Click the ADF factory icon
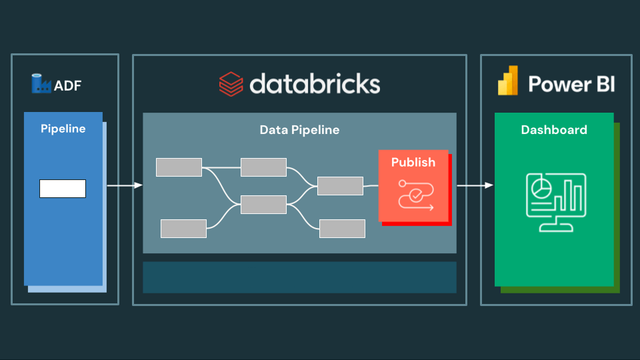point(41,84)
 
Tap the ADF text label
point(67,85)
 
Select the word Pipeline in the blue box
point(63,129)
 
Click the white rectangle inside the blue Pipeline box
point(63,189)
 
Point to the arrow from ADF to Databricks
point(125,185)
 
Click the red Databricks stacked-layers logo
point(231,85)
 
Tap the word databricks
point(315,84)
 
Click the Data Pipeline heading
point(299,130)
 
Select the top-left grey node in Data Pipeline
point(179,167)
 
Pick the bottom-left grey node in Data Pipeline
point(183,229)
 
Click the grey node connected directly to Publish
point(340,186)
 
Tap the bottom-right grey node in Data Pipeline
point(342,229)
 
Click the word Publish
point(413,162)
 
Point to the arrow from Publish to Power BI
point(475,185)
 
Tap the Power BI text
point(571,85)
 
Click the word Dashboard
point(554,130)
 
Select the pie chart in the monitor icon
point(541,187)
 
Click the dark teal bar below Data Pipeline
point(299,277)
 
